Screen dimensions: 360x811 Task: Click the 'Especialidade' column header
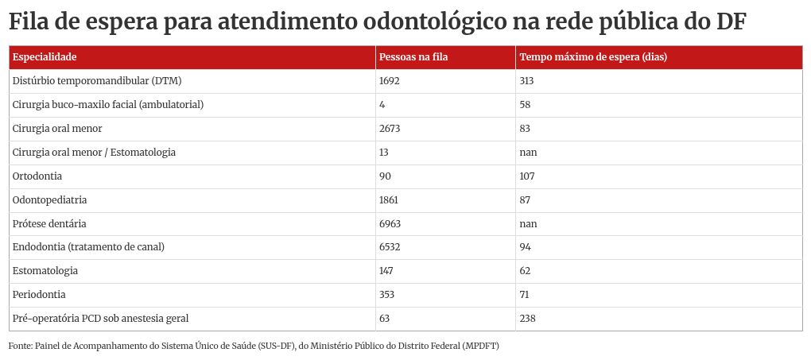coord(45,57)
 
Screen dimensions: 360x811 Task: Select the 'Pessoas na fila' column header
coord(413,57)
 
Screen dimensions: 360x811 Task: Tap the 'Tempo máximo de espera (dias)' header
coord(592,57)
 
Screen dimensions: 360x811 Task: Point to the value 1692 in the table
coord(390,81)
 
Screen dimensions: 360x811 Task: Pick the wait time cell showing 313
coord(526,81)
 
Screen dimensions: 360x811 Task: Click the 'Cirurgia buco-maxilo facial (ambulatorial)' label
coord(108,105)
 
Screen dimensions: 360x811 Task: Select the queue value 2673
coord(390,129)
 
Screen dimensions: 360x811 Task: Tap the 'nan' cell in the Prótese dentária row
coord(528,224)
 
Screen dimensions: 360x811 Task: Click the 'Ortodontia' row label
coord(37,176)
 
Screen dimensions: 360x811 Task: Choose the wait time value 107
coord(527,176)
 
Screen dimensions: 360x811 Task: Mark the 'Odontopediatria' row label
coord(50,200)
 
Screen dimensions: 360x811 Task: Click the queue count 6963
coord(390,224)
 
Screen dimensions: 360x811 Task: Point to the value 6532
coord(390,247)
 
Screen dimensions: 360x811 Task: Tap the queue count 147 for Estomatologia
coord(387,271)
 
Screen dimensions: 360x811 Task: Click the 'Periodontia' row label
coord(39,295)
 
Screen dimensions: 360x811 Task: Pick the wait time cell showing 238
coord(527,319)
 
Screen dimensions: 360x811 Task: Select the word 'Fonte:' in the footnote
coord(21,346)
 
